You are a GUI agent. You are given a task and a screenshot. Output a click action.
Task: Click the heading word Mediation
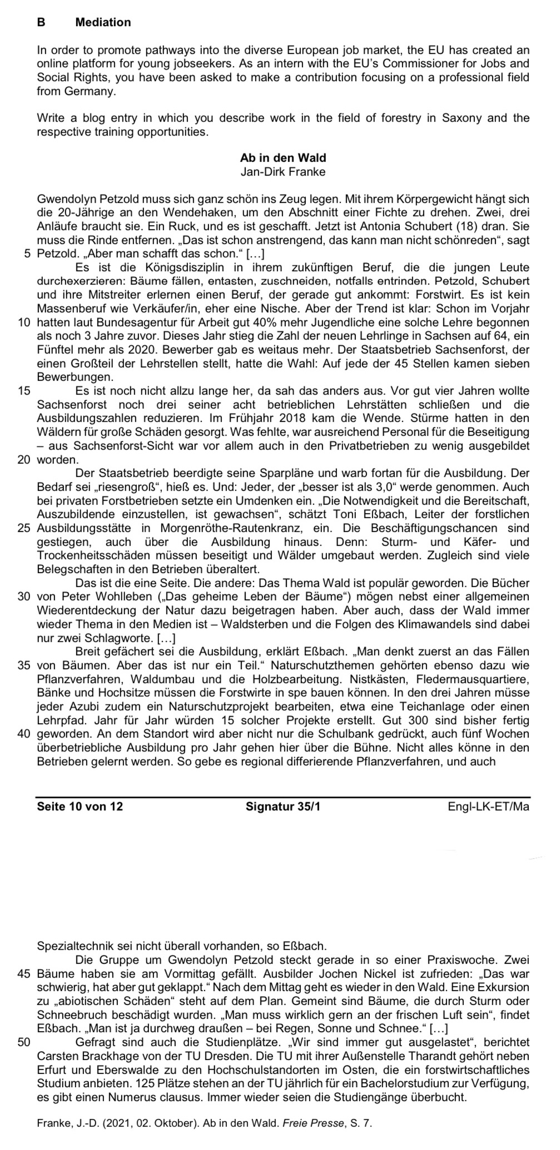point(103,22)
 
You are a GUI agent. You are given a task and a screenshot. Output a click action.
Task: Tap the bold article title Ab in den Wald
point(283,158)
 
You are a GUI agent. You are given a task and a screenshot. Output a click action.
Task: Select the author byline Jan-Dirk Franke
point(283,172)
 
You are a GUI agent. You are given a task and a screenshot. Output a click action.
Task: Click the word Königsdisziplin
point(161,267)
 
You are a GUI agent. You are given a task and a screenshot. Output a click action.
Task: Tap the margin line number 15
point(24,391)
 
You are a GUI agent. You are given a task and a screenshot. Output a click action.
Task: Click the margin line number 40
point(24,734)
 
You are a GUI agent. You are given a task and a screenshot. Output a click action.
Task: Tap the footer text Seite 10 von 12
point(80,806)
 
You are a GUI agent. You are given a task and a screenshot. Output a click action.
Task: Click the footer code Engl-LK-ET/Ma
point(488,806)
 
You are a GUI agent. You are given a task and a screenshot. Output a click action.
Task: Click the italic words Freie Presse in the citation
point(313,1123)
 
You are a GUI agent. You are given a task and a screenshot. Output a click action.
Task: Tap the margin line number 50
point(24,1042)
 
